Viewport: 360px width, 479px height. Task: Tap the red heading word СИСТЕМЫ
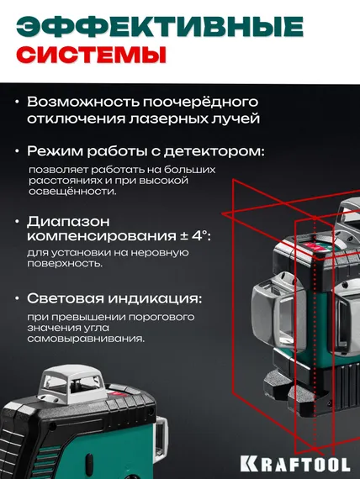tap(91, 56)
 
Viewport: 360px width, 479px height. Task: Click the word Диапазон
tap(66, 221)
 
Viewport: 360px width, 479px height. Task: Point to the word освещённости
tap(68, 191)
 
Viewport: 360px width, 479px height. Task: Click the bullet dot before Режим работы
tap(18, 152)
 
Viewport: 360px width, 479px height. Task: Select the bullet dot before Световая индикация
tap(18, 299)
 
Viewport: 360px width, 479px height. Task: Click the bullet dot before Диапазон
tap(18, 221)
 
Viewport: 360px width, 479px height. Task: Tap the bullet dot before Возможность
tap(18, 101)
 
